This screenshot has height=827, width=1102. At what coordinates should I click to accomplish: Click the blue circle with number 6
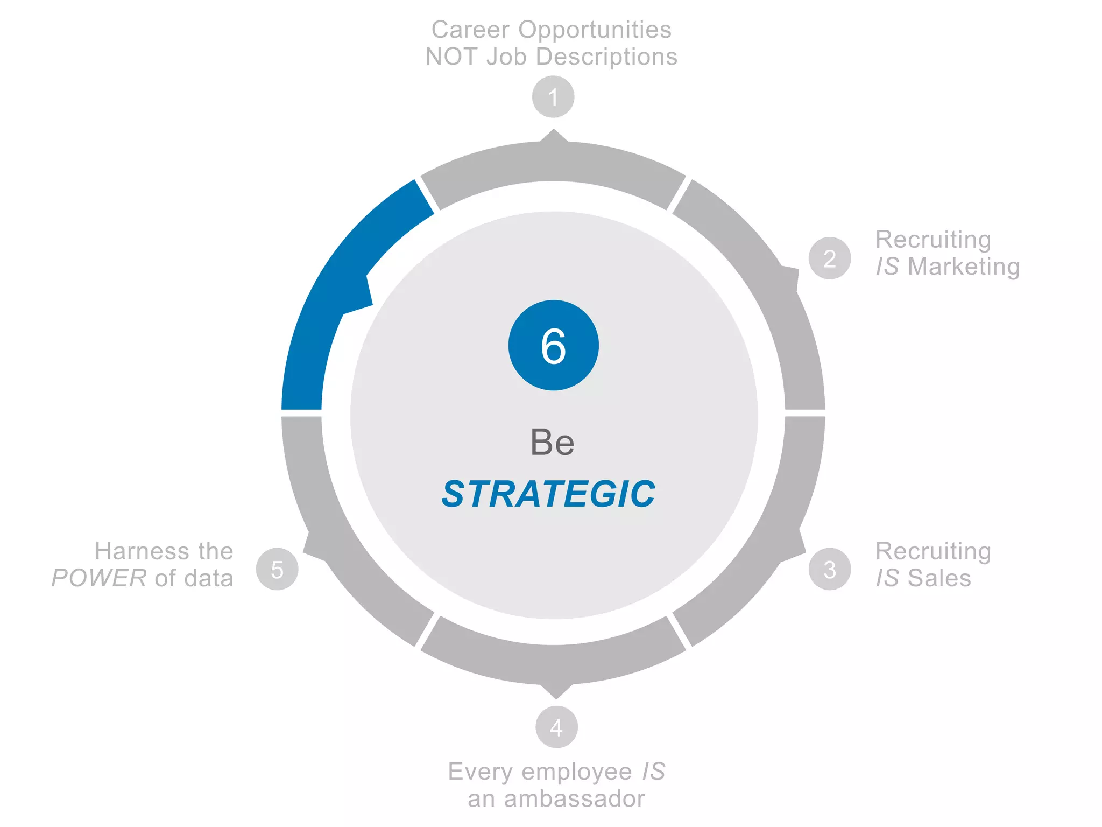pyautogui.click(x=553, y=345)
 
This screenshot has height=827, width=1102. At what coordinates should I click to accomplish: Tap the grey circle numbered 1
pyautogui.click(x=553, y=97)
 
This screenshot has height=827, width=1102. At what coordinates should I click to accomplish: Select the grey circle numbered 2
pyautogui.click(x=830, y=258)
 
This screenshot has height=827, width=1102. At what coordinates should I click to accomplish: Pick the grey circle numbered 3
pyautogui.click(x=830, y=569)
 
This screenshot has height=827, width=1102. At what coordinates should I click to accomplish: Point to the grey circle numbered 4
pyautogui.click(x=556, y=727)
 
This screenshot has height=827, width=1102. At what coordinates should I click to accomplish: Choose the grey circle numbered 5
pyautogui.click(x=277, y=569)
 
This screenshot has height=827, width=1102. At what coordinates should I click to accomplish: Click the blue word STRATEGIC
pyautogui.click(x=548, y=494)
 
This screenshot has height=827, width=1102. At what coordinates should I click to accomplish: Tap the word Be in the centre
pyautogui.click(x=552, y=443)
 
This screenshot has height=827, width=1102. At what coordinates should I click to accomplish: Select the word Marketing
pyautogui.click(x=964, y=267)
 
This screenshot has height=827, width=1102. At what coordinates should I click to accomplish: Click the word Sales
pyautogui.click(x=939, y=578)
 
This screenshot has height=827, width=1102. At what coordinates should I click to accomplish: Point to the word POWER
pyautogui.click(x=99, y=578)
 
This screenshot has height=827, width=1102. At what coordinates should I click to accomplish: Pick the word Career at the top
pyautogui.click(x=470, y=30)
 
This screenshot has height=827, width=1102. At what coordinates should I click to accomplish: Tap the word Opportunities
pyautogui.click(x=595, y=30)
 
